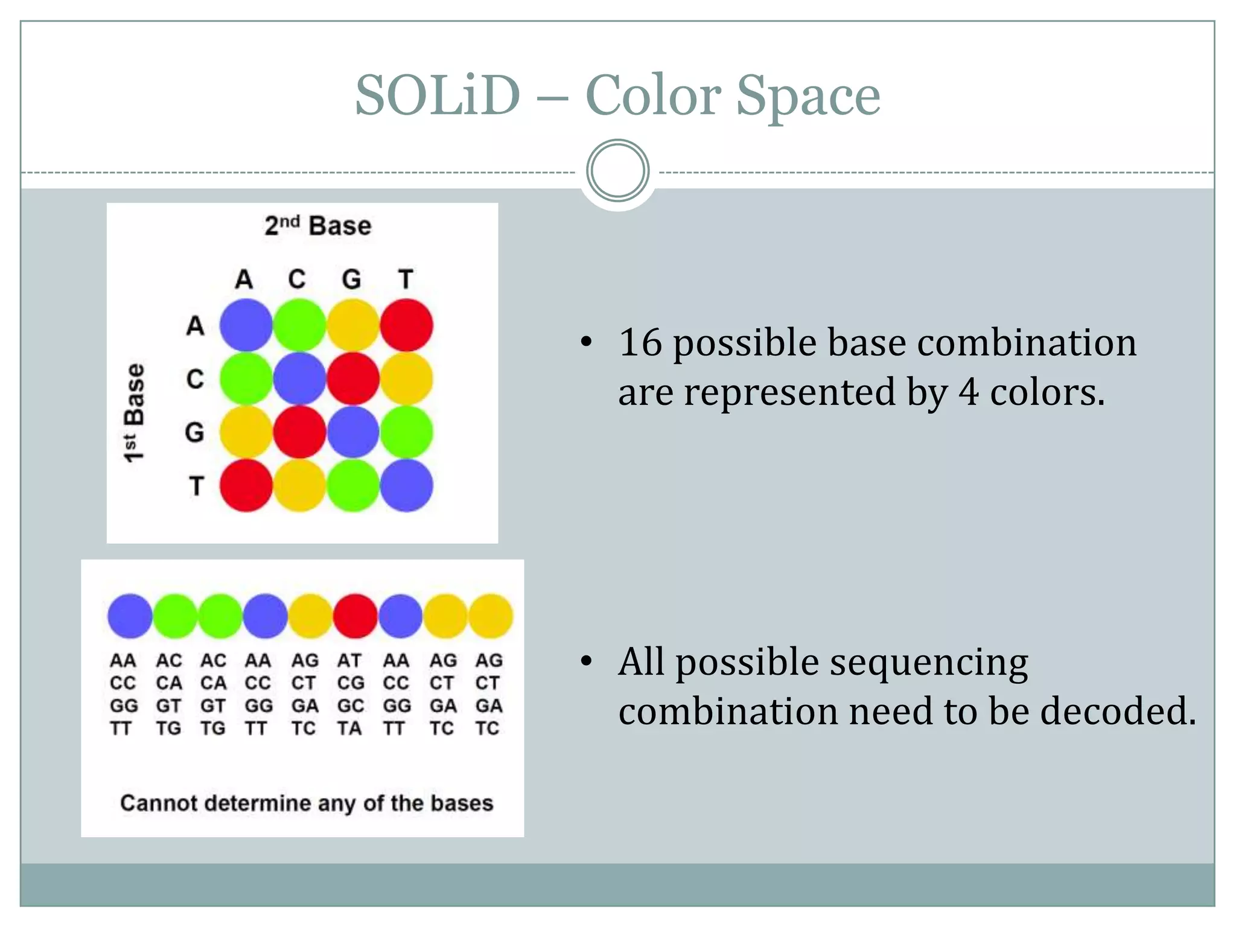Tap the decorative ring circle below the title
(x=617, y=171)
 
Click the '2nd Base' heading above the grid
(x=318, y=226)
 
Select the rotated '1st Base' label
(x=134, y=413)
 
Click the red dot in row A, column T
(x=406, y=325)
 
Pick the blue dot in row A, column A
(x=246, y=325)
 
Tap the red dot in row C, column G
(x=353, y=378)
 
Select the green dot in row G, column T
(x=406, y=432)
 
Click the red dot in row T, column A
(x=246, y=485)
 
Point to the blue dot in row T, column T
(x=406, y=485)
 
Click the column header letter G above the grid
(x=351, y=279)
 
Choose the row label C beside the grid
(x=195, y=379)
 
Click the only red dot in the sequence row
(x=355, y=616)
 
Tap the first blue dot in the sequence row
(x=130, y=616)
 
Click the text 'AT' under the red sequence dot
(x=349, y=661)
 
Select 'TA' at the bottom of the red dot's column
(x=349, y=728)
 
